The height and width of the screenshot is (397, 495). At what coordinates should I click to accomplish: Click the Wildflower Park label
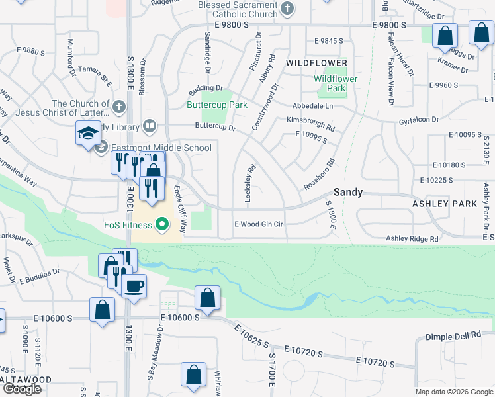coord(336,83)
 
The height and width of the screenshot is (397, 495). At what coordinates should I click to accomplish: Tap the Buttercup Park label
coord(216,105)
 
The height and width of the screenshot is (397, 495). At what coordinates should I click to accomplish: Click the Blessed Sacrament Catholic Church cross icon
coord(287,9)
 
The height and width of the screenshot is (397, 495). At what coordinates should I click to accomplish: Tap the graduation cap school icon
coord(87,134)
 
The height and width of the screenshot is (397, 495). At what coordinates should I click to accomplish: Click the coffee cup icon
coord(134,287)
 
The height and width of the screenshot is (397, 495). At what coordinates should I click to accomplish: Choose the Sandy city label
coord(347,192)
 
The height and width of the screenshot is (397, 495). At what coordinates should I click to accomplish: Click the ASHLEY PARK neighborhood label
coord(444,204)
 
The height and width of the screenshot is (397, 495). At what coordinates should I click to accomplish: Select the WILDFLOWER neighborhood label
coord(316,63)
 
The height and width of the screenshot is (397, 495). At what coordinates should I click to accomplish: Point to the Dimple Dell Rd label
coord(453,336)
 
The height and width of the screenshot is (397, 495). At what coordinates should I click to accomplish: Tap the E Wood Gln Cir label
coord(259,224)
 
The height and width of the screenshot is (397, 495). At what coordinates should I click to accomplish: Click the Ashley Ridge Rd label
coord(412,238)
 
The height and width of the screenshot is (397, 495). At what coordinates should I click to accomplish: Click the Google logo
coord(22,389)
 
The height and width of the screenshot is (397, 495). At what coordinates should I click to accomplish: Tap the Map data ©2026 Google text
coord(454,392)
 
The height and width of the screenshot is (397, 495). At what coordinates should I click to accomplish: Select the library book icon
coord(150,126)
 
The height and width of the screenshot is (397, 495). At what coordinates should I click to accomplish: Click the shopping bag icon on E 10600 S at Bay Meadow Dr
coord(208,298)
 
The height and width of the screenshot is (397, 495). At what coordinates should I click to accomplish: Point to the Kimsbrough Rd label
coord(310,120)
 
